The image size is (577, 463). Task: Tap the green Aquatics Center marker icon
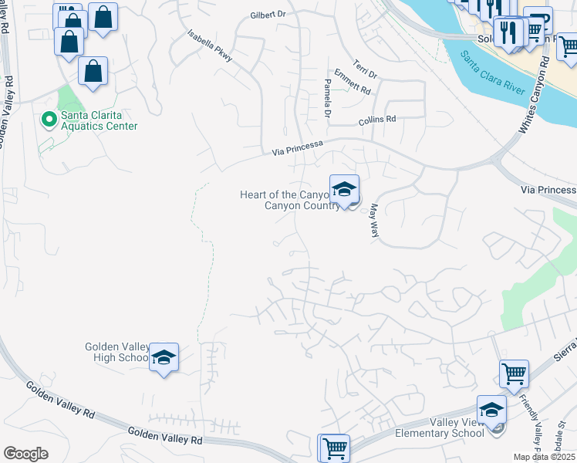click(48, 120)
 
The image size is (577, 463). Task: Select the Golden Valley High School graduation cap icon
click(164, 357)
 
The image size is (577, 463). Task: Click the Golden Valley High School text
click(116, 352)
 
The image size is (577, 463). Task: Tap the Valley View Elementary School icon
click(491, 410)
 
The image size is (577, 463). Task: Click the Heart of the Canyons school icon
click(344, 189)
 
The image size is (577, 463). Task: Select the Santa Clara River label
click(493, 76)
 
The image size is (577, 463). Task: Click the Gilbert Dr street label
click(268, 15)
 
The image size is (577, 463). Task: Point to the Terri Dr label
click(365, 69)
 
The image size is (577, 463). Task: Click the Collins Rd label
click(376, 120)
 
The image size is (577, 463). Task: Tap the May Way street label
click(375, 220)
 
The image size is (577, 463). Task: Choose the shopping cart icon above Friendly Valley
click(514, 374)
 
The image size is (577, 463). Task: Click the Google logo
click(25, 454)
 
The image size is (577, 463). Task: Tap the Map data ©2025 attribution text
click(545, 457)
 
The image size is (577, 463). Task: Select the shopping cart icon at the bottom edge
click(334, 448)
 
